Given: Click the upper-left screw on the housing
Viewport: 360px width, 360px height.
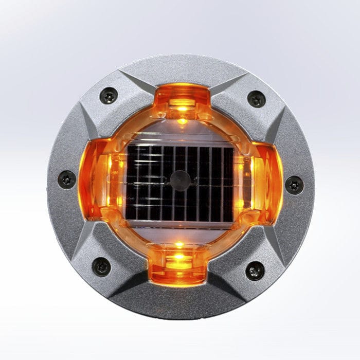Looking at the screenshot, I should coord(109,96).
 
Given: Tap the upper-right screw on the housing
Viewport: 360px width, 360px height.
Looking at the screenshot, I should coord(256,99).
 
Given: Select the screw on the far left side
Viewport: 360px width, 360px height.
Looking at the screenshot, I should coord(67,179).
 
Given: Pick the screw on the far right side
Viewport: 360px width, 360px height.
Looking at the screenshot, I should coord(294,184).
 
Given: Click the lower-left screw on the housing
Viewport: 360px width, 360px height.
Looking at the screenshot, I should coord(101,266).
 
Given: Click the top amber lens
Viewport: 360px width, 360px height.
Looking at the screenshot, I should coord(182,100).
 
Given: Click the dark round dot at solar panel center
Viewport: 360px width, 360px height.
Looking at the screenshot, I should coord(180,180).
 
